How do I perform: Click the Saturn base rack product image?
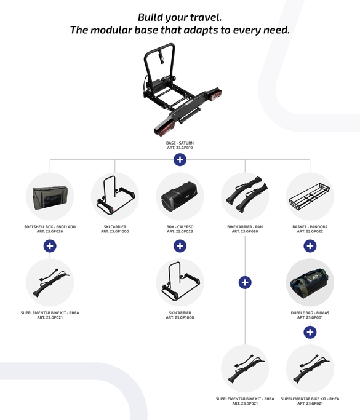(x=182, y=90)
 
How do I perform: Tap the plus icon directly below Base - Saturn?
(x=180, y=160)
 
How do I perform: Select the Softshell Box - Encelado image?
(x=50, y=197)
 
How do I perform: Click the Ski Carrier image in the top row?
(x=115, y=196)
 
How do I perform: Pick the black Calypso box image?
(x=179, y=197)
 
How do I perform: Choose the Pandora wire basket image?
(x=310, y=197)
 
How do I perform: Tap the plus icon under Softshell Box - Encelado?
(x=50, y=246)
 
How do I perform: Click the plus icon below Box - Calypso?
(x=180, y=246)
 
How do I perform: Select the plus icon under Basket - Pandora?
(x=310, y=246)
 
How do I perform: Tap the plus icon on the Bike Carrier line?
(x=245, y=282)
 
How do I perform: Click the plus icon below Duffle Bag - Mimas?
(x=310, y=332)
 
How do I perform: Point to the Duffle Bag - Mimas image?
(x=310, y=283)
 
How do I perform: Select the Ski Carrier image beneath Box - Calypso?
(x=180, y=281)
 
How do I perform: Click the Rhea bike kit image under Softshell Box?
(x=51, y=282)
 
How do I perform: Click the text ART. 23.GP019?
(x=180, y=148)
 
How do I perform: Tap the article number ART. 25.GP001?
(x=310, y=317)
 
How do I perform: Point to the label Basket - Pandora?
(x=310, y=227)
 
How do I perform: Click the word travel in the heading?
(x=206, y=17)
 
